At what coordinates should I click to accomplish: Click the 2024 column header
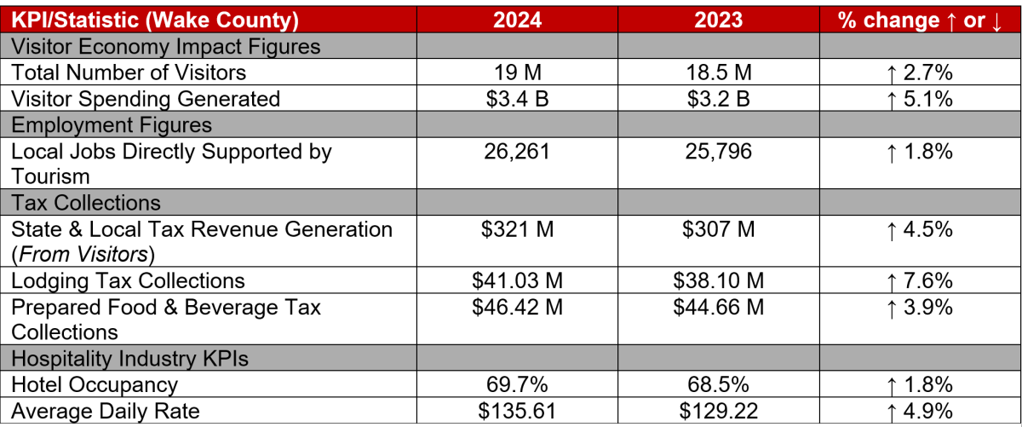coord(517,20)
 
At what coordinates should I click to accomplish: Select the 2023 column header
coord(718,20)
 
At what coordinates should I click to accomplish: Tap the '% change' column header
coord(919,20)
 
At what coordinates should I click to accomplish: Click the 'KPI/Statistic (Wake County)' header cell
coord(155,20)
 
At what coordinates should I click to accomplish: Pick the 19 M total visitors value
coord(517,72)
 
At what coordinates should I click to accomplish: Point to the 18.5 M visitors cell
coord(718,72)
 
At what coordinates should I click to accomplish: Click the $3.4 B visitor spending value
coord(517,99)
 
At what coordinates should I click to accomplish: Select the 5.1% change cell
coord(919,99)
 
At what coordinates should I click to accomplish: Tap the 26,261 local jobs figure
coord(517,152)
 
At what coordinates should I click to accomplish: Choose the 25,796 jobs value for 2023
coord(718,152)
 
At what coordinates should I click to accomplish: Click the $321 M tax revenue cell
coord(517,229)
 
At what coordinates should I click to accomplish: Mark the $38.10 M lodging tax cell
coord(718,280)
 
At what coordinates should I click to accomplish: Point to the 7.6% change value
coord(919,280)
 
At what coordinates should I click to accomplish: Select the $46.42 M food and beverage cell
coord(517,307)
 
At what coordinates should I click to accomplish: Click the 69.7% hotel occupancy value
coord(517,385)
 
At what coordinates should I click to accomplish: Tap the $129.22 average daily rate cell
coord(718,412)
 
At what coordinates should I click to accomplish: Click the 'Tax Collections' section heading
coord(86,203)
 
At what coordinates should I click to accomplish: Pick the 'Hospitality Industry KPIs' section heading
coord(129,359)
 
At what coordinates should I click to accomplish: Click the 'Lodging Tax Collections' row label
coord(128,280)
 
